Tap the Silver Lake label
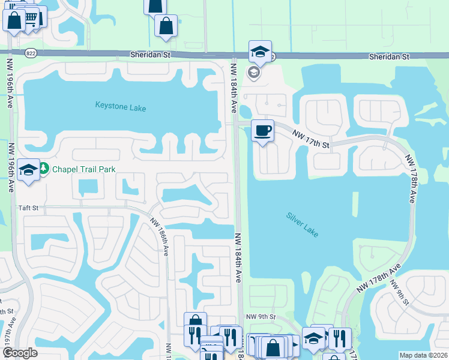(x=303, y=224)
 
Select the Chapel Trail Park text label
(x=83, y=169)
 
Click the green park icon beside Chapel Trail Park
(x=46, y=169)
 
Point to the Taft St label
(x=28, y=208)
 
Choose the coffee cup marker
(x=262, y=131)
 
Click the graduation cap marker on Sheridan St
(x=260, y=52)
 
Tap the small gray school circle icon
(x=254, y=73)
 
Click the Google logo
(x=20, y=353)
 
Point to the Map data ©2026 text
(x=424, y=355)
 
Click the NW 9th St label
(x=260, y=316)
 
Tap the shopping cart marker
(x=35, y=17)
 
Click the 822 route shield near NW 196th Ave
(x=29, y=53)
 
